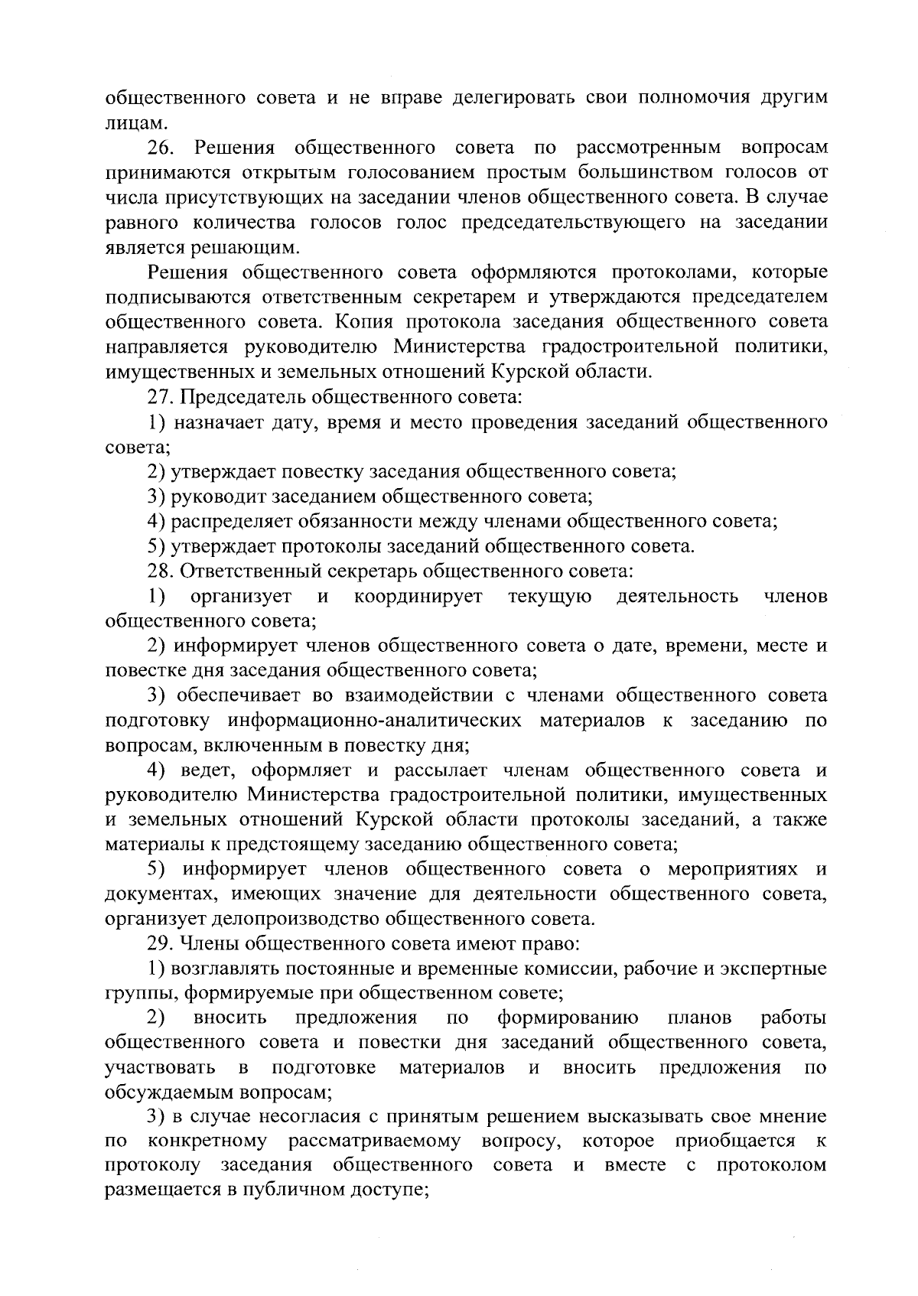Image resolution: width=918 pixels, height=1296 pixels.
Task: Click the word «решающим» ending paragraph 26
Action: point(267,248)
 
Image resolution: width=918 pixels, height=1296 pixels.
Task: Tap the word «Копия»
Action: point(362,322)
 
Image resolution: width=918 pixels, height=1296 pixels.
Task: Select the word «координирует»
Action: point(418,597)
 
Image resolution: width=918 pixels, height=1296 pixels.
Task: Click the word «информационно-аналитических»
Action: point(376,721)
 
